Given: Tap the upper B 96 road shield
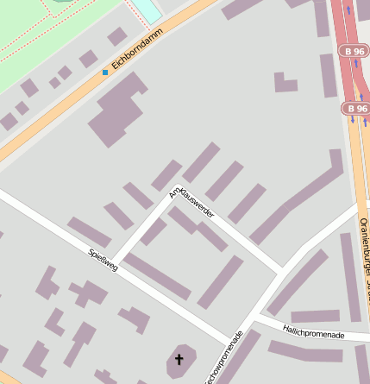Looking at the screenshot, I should tap(354, 52).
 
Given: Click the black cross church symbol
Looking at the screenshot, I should tap(180, 358).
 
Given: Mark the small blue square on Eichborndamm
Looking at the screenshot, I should tap(105, 72).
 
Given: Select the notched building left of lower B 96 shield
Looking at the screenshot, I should tap(285, 82).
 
